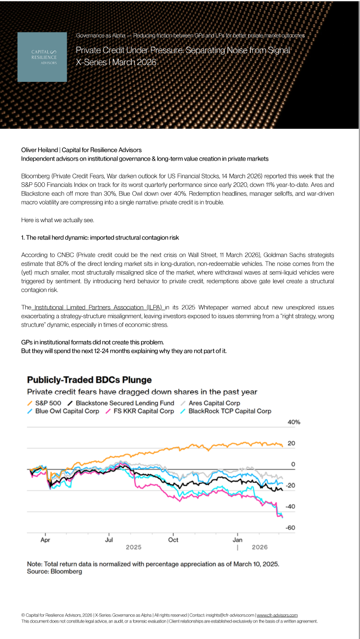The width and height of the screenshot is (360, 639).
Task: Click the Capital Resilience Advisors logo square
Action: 42,57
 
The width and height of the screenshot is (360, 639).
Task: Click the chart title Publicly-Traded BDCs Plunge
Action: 89,380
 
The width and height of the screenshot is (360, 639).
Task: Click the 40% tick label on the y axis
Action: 294,422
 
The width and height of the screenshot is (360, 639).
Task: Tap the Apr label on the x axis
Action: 45,540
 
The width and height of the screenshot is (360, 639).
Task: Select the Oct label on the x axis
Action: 173,540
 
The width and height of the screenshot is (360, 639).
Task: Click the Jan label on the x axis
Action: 237,540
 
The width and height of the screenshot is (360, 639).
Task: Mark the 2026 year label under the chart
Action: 260,547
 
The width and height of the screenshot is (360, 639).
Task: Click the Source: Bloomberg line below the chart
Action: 54,571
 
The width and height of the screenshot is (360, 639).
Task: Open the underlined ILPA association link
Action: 98,307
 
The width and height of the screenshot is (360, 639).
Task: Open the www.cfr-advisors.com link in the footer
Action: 277,615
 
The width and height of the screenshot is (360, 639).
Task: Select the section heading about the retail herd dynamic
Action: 100,238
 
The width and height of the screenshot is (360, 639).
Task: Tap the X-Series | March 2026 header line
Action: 116,62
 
